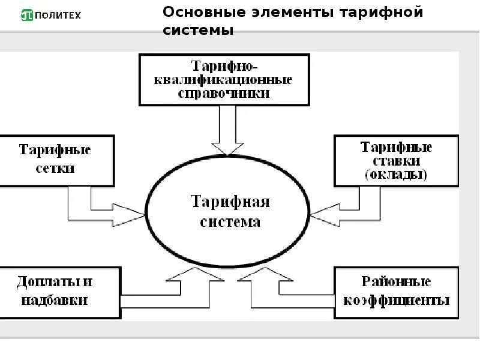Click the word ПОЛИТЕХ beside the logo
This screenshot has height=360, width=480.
pyautogui.click(x=58, y=15)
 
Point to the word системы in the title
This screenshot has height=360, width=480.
pyautogui.click(x=198, y=30)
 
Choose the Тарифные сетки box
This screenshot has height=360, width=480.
pyautogui.click(x=55, y=160)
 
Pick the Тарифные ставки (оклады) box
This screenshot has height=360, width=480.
pyautogui.click(x=396, y=161)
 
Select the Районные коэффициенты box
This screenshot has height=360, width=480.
pyautogui.click(x=396, y=292)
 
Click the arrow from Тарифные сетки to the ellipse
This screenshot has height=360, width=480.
pyautogui.click(x=108, y=210)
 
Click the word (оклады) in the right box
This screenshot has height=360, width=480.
pyautogui.click(x=396, y=175)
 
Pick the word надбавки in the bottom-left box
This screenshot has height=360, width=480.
pyautogui.click(x=55, y=300)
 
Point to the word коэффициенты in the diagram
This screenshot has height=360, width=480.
pyautogui.click(x=396, y=300)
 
